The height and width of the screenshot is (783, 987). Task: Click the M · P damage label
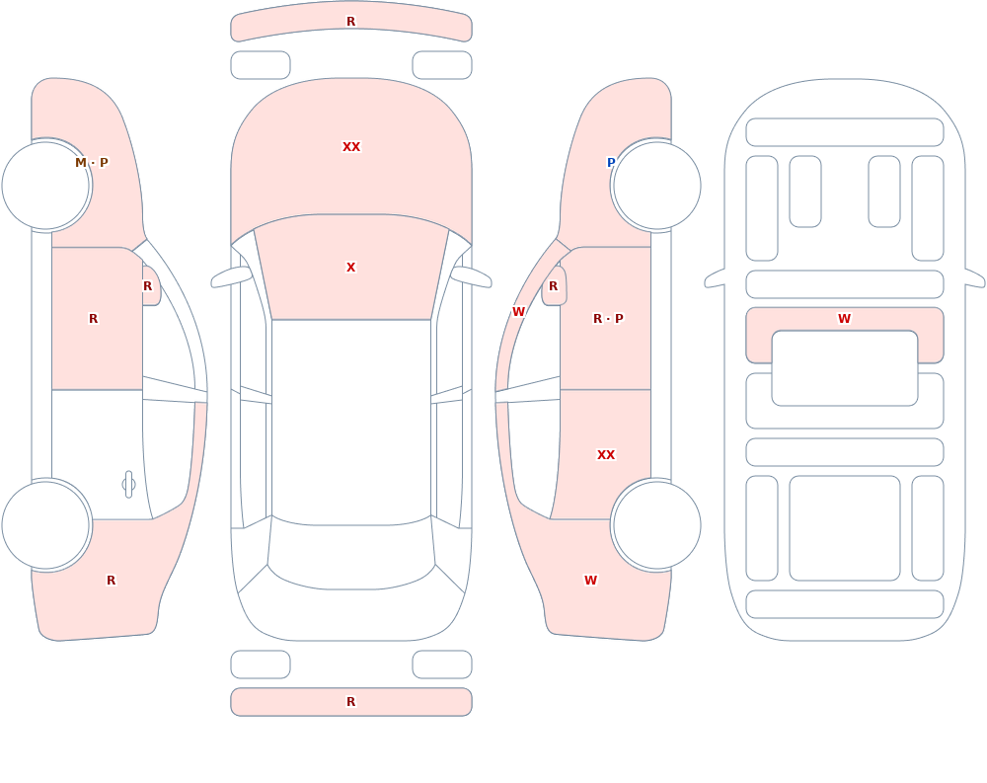click(92, 163)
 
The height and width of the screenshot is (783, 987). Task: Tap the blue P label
click(611, 163)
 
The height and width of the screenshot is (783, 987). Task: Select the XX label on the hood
click(351, 147)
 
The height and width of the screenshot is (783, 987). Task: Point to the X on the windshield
click(351, 268)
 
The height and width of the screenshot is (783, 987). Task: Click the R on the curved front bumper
click(351, 22)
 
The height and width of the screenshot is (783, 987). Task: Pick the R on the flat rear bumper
click(351, 702)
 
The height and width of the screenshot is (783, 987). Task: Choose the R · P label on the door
click(608, 319)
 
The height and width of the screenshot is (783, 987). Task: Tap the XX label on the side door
click(606, 455)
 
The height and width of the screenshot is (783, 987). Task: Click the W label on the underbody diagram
click(845, 319)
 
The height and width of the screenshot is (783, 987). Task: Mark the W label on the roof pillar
click(519, 312)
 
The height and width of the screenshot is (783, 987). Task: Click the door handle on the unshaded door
click(128, 485)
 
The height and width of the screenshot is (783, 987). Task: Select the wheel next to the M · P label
click(46, 186)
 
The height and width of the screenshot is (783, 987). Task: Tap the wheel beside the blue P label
click(656, 186)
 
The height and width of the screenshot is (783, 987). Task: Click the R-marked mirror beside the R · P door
click(554, 286)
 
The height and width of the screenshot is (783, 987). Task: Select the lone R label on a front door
click(93, 319)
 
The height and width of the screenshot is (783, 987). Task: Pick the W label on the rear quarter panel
click(590, 581)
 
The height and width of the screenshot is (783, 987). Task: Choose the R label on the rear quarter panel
click(111, 581)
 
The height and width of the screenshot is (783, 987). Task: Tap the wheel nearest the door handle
click(46, 525)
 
